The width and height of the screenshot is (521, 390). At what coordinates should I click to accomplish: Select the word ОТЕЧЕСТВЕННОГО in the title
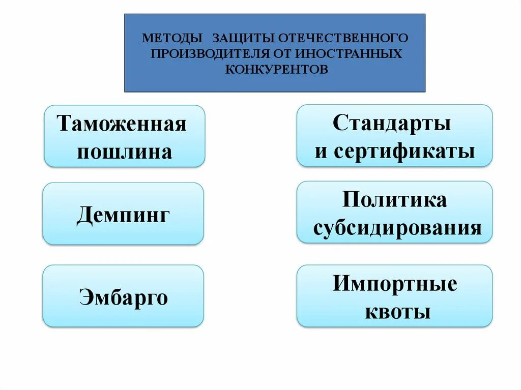tap(336, 38)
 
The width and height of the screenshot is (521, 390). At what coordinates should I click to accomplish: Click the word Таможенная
tap(122, 124)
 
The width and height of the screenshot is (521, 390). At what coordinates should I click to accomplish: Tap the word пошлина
tap(124, 152)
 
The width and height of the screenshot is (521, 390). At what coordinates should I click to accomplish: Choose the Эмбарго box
tap(123, 296)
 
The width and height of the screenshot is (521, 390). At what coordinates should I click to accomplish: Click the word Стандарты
tap(392, 123)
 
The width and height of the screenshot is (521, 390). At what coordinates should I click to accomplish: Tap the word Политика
tap(394, 199)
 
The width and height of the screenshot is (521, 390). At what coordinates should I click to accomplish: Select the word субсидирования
tap(397, 228)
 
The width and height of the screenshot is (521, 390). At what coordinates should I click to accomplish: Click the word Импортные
tap(395, 283)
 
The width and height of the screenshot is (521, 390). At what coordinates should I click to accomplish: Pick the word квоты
tap(398, 311)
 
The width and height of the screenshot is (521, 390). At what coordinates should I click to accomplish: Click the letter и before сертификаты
tap(321, 152)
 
